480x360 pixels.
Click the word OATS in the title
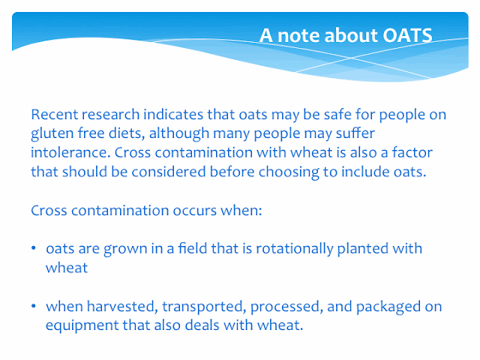pyautogui.click(x=407, y=35)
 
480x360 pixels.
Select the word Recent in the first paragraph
pyautogui.click(x=55, y=115)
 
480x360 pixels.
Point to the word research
pyautogui.click(x=111, y=115)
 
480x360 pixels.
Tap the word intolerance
pyautogui.click(x=70, y=152)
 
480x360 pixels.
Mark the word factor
pyautogui.click(x=412, y=152)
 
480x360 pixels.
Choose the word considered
pyautogui.click(x=168, y=172)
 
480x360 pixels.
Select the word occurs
pyautogui.click(x=195, y=211)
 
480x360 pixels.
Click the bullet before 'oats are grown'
pyautogui.click(x=34, y=247)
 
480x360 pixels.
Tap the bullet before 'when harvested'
pyautogui.click(x=34, y=306)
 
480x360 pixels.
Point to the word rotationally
pyautogui.click(x=295, y=249)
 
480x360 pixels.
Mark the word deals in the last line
pyautogui.click(x=202, y=325)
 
